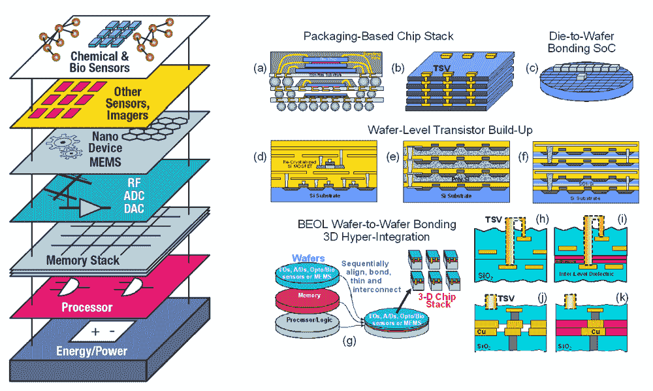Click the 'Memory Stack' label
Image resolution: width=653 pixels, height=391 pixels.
83,260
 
